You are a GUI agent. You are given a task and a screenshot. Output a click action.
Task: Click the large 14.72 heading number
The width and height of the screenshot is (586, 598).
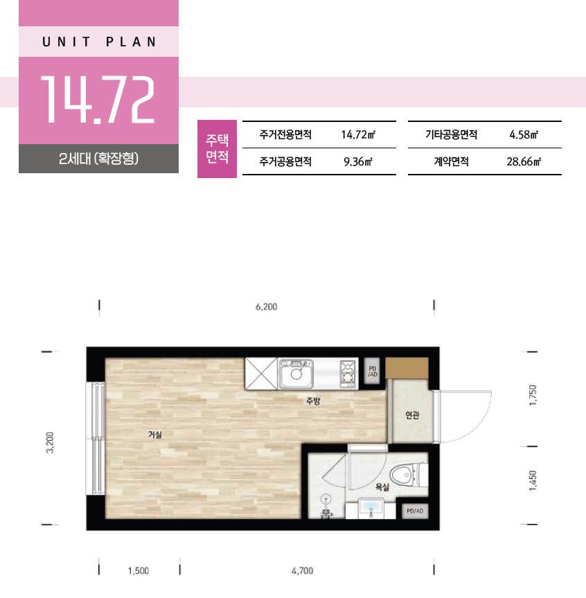coord(98,100)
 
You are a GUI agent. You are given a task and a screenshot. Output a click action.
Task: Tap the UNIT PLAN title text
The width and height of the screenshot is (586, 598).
coord(99,42)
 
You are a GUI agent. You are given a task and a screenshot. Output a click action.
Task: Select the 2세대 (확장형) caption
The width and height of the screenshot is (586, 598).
coord(98,158)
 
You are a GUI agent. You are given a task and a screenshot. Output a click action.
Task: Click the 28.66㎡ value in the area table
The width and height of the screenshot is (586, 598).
coord(524,161)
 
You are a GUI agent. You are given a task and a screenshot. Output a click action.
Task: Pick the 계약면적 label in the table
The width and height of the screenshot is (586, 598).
coord(451,161)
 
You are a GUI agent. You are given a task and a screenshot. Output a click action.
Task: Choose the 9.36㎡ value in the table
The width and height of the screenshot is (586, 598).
coord(357,161)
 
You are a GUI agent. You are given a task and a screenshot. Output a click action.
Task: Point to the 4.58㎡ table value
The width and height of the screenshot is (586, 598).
coord(524,134)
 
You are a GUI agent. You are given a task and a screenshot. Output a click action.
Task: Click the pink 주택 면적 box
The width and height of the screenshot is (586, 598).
coord(217,149)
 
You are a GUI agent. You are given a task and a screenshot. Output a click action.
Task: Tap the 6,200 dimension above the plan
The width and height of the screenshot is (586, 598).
coord(266,307)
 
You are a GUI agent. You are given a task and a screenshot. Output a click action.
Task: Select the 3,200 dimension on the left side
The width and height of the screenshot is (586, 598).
coord(50,442)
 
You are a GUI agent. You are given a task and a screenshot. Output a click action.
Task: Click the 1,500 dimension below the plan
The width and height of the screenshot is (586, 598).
coord(139,571)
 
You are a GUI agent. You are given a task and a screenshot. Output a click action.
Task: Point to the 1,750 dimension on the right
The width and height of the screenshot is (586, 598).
coord(533,396)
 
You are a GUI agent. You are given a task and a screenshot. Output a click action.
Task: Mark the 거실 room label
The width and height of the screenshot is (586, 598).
coord(154,434)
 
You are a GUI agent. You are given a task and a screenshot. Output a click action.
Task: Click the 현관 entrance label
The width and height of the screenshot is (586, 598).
coord(413,415)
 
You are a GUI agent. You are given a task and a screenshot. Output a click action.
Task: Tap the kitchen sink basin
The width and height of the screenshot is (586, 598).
coord(296,373)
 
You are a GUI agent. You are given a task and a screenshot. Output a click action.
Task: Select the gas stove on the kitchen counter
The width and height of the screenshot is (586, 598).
coord(347,373)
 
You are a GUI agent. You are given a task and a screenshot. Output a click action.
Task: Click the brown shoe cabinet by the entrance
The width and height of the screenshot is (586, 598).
coord(407,368)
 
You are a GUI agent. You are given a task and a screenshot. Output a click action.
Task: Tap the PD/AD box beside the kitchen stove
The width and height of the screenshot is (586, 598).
coord(372,371)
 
